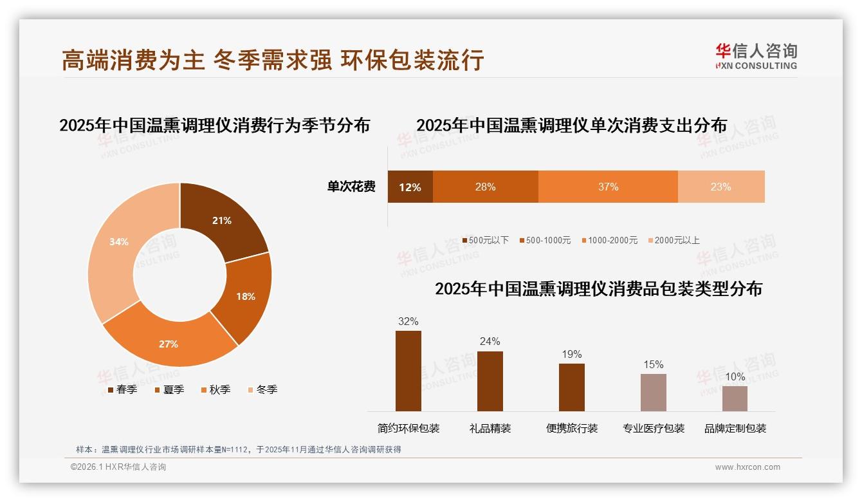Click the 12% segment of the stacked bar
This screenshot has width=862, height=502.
pyautogui.click(x=410, y=187)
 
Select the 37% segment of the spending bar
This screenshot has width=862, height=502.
pyautogui.click(x=608, y=187)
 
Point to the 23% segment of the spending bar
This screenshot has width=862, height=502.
pyautogui.click(x=721, y=187)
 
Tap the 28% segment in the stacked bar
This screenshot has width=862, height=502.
pyautogui.click(x=485, y=187)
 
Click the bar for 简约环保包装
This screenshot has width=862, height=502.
pyautogui.click(x=408, y=371)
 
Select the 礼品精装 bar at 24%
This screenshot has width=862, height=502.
pyautogui.click(x=490, y=381)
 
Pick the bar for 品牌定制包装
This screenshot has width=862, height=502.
pyautogui.click(x=735, y=398)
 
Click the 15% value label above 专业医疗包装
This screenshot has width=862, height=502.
pyautogui.click(x=653, y=365)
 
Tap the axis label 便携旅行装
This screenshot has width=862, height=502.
pyautogui.click(x=572, y=428)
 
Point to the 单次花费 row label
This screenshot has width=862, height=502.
pyautogui.click(x=351, y=187)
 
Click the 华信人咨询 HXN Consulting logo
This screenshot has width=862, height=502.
pyautogui.click(x=756, y=56)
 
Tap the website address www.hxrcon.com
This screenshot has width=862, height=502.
pyautogui.click(x=747, y=467)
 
